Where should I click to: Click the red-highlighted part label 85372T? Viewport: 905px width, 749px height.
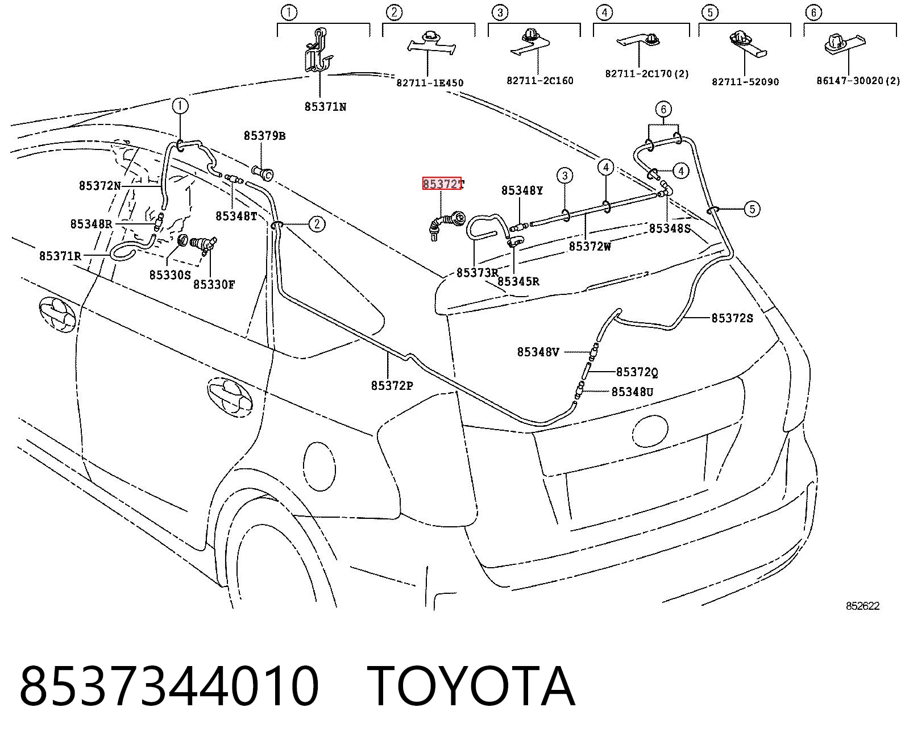[x=443, y=184]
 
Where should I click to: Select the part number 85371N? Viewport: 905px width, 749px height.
[x=325, y=107]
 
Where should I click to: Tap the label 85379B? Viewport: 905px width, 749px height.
[x=264, y=136]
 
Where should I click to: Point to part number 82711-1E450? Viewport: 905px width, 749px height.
[x=430, y=82]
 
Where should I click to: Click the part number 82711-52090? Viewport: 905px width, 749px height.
[x=745, y=81]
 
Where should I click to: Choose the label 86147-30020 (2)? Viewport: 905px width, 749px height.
[x=858, y=81]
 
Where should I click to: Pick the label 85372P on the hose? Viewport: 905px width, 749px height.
[x=392, y=385]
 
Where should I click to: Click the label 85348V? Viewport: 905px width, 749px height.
[x=538, y=352]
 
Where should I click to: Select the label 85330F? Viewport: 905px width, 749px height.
[x=214, y=284]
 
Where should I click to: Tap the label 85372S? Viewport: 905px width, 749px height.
[x=732, y=318]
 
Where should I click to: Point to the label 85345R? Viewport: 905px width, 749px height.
[x=518, y=281]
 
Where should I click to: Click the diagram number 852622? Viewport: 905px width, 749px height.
[x=862, y=606]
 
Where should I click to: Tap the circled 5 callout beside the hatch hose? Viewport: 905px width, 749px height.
[x=752, y=209]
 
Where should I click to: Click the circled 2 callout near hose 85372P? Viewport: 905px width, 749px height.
[x=317, y=224]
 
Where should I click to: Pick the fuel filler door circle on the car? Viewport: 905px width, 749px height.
[x=319, y=467]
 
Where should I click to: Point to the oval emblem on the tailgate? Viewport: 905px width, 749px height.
[x=650, y=431]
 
